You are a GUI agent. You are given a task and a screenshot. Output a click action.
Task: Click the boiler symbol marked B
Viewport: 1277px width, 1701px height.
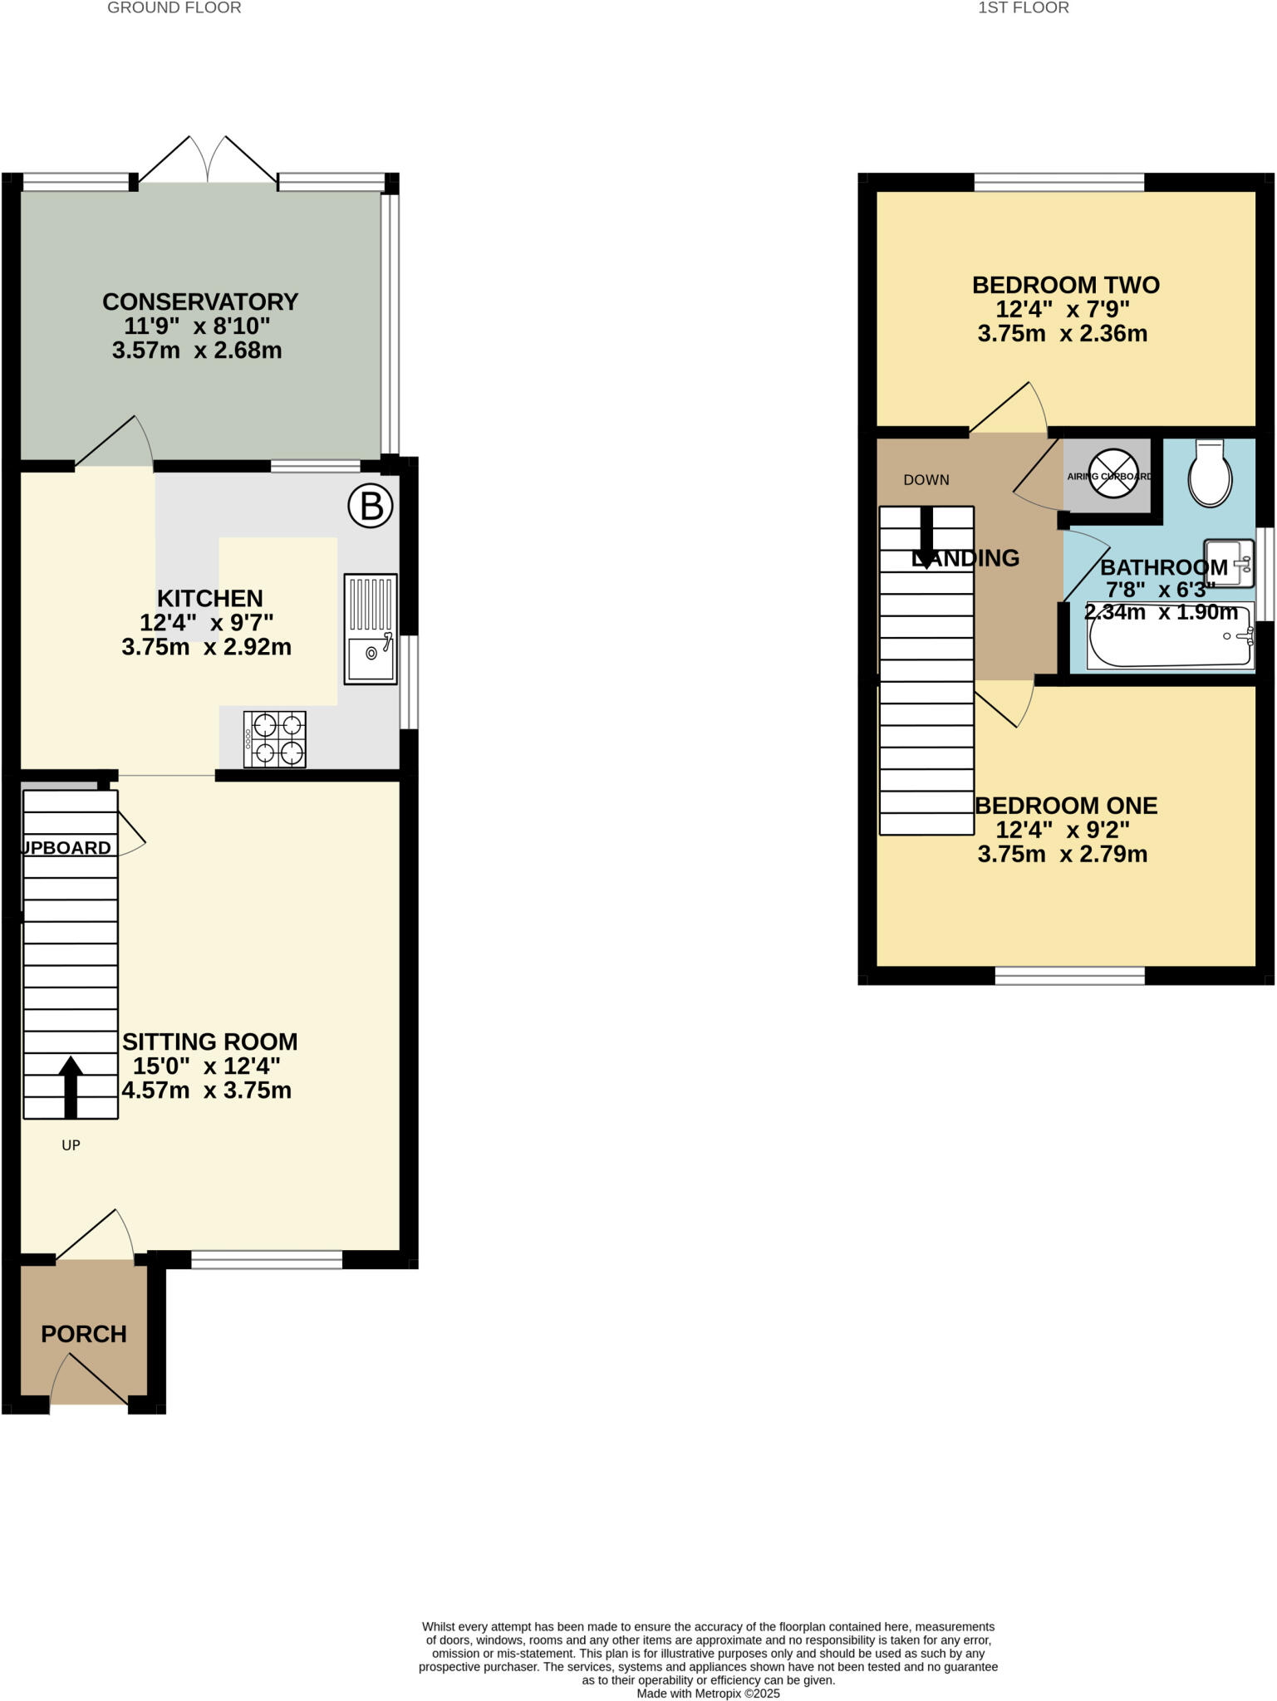(370, 506)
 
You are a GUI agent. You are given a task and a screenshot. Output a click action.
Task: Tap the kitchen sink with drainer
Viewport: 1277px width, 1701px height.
(371, 629)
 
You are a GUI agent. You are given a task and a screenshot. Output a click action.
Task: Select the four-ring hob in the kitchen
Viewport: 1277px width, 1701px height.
(275, 739)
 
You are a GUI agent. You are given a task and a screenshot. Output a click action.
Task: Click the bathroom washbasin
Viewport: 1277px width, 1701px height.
(1229, 563)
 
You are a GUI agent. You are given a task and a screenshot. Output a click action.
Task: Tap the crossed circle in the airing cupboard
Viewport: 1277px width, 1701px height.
(1112, 474)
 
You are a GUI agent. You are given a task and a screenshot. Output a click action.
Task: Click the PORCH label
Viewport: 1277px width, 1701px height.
(84, 1334)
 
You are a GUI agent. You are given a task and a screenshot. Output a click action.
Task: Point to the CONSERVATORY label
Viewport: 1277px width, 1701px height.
(200, 301)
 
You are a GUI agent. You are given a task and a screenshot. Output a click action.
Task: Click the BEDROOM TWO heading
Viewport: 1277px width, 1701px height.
(1065, 285)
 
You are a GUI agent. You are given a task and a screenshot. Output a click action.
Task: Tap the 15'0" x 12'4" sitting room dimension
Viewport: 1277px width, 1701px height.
(207, 1066)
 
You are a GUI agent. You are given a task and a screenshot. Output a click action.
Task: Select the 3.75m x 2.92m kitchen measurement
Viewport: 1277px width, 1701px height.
(207, 647)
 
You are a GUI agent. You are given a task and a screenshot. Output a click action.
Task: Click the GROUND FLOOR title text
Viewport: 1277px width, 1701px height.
(174, 8)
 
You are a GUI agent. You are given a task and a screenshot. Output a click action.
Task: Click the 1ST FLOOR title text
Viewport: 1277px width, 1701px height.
(1023, 8)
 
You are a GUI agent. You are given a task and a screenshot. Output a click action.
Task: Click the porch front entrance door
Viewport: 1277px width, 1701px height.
(90, 1380)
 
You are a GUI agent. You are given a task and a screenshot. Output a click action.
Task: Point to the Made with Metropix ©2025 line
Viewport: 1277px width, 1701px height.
(708, 1694)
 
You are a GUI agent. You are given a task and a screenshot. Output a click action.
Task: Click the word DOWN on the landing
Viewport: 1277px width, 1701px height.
(926, 480)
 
